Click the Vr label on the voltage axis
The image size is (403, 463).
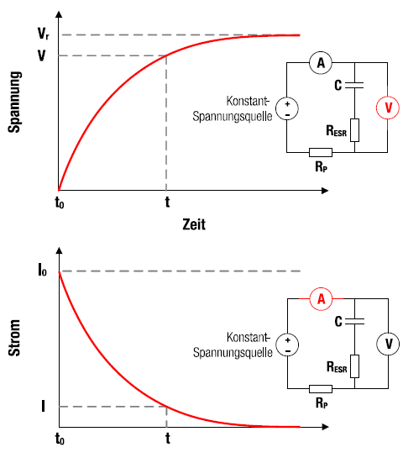tap(44, 34)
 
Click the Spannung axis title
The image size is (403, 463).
tap(14, 103)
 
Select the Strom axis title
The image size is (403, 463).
tap(14, 338)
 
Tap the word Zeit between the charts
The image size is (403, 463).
tap(194, 224)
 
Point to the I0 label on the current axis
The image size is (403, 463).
tap(43, 270)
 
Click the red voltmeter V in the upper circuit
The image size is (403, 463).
tap(388, 108)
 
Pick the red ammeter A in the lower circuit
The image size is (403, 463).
tap(321, 299)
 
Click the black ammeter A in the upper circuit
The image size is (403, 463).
tap(321, 62)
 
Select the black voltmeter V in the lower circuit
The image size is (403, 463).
tap(388, 344)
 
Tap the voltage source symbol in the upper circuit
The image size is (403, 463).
tap(287, 108)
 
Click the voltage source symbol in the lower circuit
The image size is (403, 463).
tap(287, 345)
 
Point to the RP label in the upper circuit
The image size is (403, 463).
tap(322, 167)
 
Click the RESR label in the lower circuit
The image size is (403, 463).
tap(337, 367)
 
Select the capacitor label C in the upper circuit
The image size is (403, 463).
tap(338, 86)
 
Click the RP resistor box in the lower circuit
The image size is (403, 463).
tap(321, 389)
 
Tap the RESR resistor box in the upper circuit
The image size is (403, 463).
tap(354, 130)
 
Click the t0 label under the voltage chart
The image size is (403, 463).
tap(60, 203)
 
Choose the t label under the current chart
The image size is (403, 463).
tap(168, 438)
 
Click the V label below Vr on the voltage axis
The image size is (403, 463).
tap(42, 55)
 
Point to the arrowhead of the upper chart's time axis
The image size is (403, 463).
tap(325, 191)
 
